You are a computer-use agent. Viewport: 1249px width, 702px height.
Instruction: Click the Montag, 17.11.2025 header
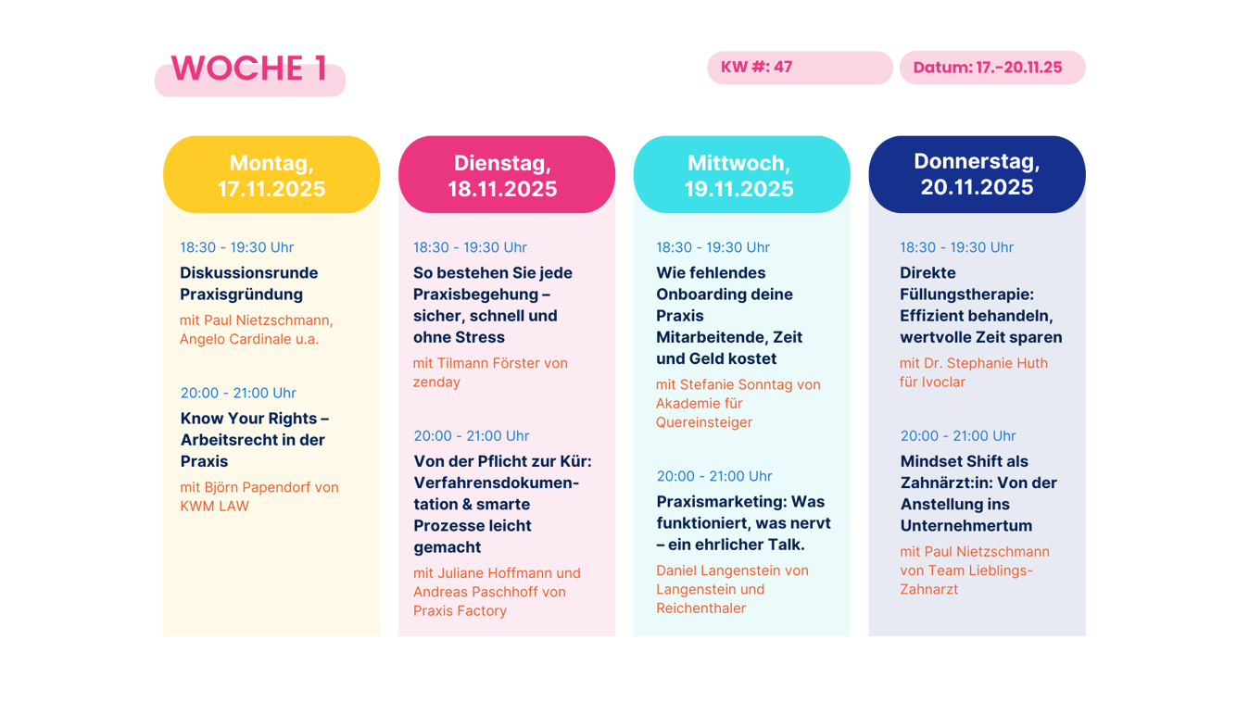tap(271, 176)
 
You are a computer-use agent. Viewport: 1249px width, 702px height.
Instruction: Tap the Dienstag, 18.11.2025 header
tap(502, 176)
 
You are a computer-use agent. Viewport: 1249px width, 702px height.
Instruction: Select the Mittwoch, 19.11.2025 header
tap(739, 176)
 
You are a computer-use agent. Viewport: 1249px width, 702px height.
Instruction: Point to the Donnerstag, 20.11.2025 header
tap(977, 174)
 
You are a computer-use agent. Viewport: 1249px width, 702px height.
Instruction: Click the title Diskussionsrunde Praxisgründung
tap(248, 283)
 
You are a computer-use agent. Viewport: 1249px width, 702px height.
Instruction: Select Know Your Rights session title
tap(254, 439)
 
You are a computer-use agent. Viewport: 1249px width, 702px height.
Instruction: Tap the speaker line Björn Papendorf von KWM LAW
tap(259, 496)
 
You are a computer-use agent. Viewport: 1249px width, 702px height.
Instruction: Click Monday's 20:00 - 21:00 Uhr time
tap(238, 393)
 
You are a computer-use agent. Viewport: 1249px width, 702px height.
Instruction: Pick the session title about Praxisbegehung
tap(492, 305)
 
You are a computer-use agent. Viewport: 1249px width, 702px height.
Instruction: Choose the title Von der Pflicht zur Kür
tap(502, 504)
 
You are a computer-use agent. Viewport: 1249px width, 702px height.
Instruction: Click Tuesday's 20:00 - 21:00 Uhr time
tap(472, 435)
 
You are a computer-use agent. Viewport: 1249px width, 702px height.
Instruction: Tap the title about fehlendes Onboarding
tap(729, 315)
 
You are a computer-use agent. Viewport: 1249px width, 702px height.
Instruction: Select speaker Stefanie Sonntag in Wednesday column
tap(738, 403)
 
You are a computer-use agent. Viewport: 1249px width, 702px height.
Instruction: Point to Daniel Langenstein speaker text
tap(732, 589)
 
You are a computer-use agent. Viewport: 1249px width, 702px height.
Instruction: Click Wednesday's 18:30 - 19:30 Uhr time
tap(713, 247)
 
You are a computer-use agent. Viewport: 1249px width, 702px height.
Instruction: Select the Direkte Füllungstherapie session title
tap(980, 305)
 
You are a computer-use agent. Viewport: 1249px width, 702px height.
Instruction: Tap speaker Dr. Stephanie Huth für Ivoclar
tap(973, 372)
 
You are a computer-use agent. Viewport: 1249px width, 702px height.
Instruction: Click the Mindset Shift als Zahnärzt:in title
tap(978, 493)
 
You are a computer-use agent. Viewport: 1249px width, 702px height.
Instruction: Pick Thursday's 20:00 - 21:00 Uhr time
tap(958, 435)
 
